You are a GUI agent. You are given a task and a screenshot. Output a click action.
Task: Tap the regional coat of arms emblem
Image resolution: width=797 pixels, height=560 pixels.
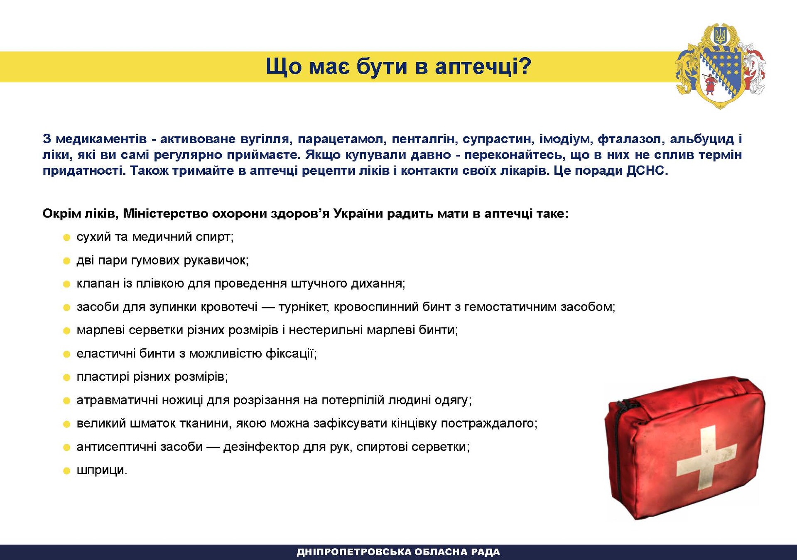click(720, 66)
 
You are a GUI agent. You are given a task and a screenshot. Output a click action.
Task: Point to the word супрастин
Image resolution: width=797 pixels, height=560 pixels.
click(497, 139)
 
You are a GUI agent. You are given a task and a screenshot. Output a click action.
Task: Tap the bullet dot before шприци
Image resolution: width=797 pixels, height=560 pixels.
click(66, 471)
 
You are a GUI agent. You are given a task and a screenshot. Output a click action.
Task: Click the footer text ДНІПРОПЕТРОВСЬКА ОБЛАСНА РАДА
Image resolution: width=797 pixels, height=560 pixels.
click(398, 552)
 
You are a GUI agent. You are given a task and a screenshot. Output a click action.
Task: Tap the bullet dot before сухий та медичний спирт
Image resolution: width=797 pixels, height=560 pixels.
click(66, 238)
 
